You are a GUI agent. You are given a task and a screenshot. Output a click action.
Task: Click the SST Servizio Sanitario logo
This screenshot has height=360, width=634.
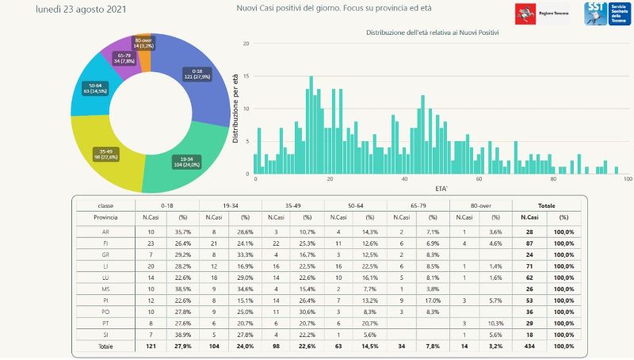[x=606, y=13]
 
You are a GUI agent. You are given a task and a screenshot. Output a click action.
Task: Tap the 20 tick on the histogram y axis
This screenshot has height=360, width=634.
[x=246, y=44]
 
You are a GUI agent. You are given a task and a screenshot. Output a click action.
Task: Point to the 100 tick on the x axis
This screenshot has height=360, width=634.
[x=628, y=179]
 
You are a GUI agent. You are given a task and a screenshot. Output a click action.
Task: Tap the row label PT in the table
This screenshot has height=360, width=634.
[x=105, y=324]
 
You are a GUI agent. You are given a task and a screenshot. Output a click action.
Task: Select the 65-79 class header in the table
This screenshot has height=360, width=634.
[x=418, y=204]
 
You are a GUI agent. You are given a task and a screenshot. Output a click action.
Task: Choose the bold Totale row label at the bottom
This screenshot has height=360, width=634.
[x=105, y=347]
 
